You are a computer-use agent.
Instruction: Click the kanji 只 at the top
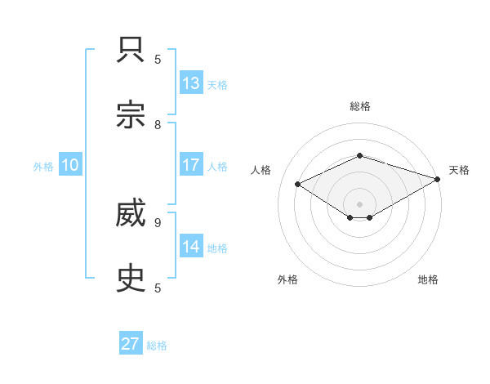tap(131, 50)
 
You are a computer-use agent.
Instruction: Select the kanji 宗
tap(131, 115)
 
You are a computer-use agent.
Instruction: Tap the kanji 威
tap(131, 214)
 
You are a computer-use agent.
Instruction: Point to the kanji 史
tap(131, 279)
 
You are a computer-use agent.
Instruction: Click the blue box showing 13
tap(191, 83)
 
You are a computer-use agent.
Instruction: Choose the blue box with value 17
tap(191, 165)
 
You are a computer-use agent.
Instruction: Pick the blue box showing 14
tap(191, 247)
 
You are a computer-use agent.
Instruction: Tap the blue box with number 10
tap(70, 165)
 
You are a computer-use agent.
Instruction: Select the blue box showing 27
tap(131, 344)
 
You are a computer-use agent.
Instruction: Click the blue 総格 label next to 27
tap(157, 346)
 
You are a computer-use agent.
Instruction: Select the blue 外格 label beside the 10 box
tap(43, 167)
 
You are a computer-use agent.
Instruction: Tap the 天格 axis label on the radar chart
tap(459, 170)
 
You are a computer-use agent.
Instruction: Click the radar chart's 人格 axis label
tap(261, 170)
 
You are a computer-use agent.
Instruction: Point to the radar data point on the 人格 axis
tap(298, 185)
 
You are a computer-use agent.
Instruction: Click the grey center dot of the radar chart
tap(359, 203)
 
